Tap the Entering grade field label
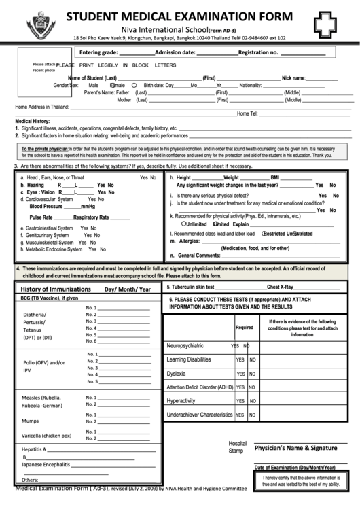click(103, 52)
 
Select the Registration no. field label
click(258, 52)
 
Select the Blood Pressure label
click(46, 206)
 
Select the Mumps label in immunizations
click(31, 421)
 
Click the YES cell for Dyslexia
click(240, 374)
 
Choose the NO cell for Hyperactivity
click(252, 401)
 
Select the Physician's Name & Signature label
click(295, 448)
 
